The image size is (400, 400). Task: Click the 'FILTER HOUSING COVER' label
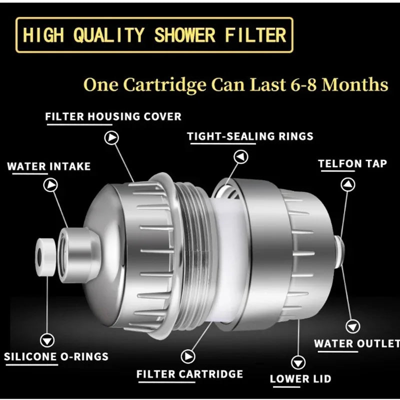click(x=113, y=116)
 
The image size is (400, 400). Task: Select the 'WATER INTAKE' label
click(x=49, y=166)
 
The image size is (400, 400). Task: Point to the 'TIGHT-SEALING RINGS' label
click(x=250, y=136)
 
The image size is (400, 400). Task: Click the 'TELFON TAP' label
click(x=352, y=163)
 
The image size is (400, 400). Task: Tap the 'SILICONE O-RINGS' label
click(x=56, y=357)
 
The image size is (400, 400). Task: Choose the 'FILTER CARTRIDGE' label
click(x=189, y=374)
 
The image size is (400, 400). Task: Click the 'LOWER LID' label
click(x=300, y=379)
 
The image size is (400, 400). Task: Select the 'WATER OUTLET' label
click(x=356, y=343)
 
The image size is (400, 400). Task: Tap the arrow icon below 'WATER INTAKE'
click(x=50, y=185)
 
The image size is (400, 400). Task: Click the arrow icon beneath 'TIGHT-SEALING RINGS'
click(x=241, y=157)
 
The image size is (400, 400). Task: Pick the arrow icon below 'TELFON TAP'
click(x=348, y=184)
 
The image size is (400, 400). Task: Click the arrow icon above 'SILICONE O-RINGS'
click(x=47, y=340)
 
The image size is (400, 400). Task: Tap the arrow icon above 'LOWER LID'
click(x=298, y=361)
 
